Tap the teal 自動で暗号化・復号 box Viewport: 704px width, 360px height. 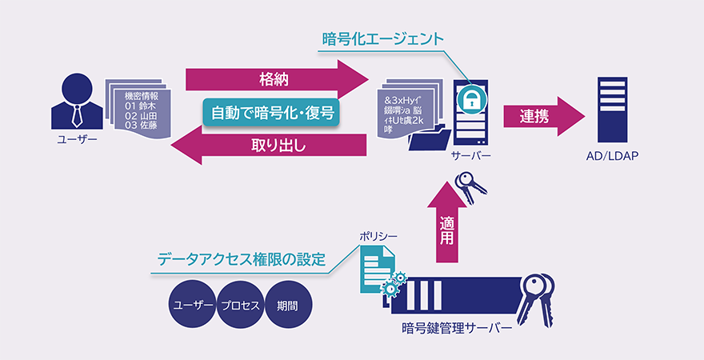[x=271, y=113]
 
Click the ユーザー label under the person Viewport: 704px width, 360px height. [x=77, y=140]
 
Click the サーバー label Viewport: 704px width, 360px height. [x=471, y=156]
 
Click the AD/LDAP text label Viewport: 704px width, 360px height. [x=614, y=156]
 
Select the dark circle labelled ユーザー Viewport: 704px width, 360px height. [x=193, y=306]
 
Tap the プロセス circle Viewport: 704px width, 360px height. [x=240, y=306]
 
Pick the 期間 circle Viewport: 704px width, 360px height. [x=287, y=306]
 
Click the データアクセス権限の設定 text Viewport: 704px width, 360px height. [x=241, y=260]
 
